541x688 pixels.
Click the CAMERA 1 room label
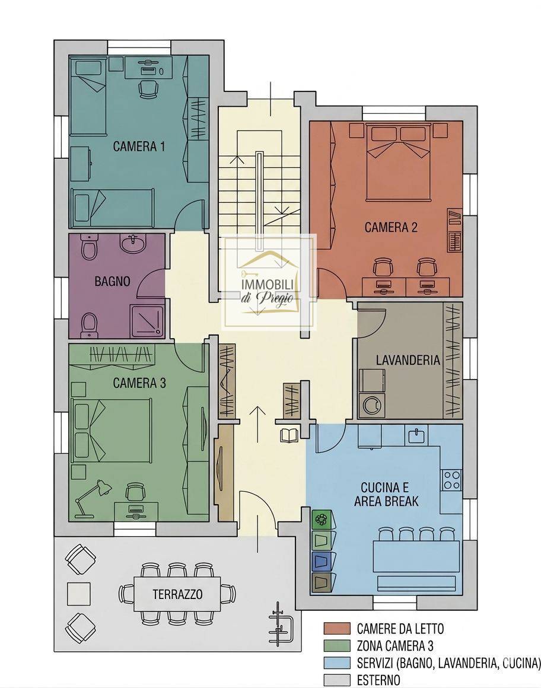pos(139,146)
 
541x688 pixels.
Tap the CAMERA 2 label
pos(391,227)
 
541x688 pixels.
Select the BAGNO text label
pos(112,281)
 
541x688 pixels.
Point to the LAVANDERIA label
pos(408,360)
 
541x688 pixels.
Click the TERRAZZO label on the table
pos(178,594)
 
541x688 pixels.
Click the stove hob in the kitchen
pos(451,480)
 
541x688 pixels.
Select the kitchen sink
pos(416,436)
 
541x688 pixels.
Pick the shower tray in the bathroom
pos(147,322)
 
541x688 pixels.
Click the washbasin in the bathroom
pos(133,244)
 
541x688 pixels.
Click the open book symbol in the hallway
pos(289,435)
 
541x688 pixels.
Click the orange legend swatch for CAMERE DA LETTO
pos(337,628)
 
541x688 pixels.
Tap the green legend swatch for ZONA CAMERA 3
pos(337,646)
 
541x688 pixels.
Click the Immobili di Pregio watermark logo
pos(269,283)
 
